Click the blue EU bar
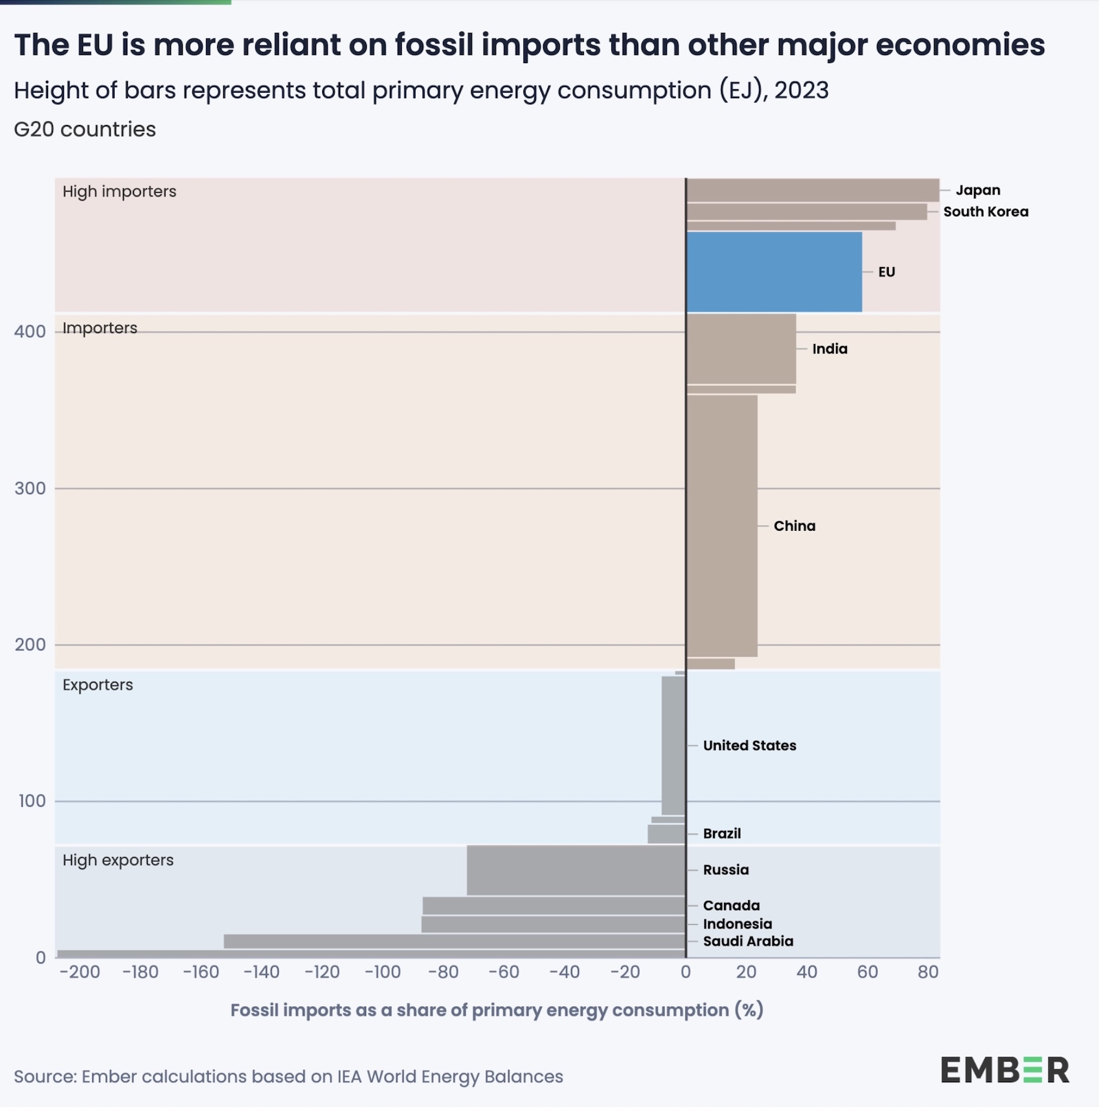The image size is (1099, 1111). coord(774,272)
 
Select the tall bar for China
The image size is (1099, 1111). coord(722,526)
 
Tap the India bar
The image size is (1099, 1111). coord(741,349)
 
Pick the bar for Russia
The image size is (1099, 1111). coord(576,870)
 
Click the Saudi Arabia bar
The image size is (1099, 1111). coord(454,941)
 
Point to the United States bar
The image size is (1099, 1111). coord(673,746)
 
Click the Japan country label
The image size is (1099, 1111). coord(978,190)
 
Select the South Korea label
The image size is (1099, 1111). coord(986,211)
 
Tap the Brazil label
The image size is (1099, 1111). coord(722,834)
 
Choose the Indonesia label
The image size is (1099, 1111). coord(737,924)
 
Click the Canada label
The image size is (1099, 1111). coord(731,906)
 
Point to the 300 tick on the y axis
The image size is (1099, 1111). coord(30,488)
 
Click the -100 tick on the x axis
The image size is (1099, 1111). coord(383,972)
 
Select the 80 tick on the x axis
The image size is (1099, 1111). coord(928,972)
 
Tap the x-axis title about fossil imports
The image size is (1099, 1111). coord(497,1010)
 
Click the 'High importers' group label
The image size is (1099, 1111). coord(120,192)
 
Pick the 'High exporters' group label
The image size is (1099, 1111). coord(118,860)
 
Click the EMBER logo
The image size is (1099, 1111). coord(1005,1070)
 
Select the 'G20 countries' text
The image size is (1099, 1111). coord(85,129)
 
